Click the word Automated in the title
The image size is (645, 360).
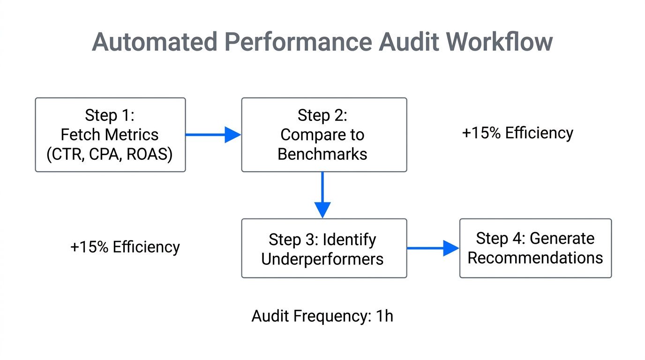point(154,42)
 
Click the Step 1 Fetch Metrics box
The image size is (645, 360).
point(110,135)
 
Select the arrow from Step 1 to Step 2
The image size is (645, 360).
point(213,135)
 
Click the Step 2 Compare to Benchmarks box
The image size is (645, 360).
point(324,135)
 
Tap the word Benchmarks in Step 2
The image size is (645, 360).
point(322,154)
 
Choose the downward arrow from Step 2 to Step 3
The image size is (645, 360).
point(322,195)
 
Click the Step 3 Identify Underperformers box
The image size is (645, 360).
point(324,248)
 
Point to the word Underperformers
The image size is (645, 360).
point(322,259)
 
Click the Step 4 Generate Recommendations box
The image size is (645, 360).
point(535,248)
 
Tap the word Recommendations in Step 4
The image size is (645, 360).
point(535,258)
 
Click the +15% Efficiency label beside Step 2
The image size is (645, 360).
point(517,133)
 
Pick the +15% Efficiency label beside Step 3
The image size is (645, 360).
point(125,247)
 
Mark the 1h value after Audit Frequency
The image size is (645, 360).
point(384,316)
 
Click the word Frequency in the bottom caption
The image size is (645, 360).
point(332,316)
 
